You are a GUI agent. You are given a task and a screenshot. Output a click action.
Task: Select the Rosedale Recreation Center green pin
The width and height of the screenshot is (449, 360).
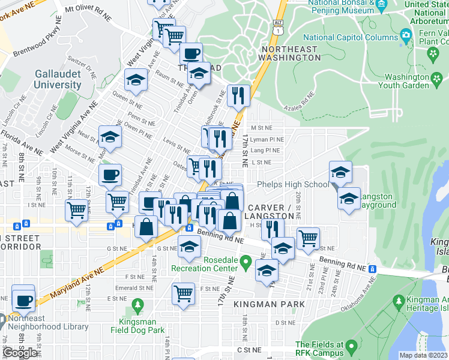(x=245, y=263)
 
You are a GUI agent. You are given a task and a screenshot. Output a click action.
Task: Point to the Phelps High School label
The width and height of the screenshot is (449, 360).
(x=292, y=184)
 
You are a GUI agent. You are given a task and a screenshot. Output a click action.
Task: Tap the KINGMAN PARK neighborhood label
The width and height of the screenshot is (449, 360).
(x=264, y=304)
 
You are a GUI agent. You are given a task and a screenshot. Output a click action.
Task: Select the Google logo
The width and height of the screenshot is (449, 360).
(x=20, y=353)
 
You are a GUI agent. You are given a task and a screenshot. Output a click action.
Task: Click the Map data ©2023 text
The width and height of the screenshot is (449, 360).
(x=424, y=355)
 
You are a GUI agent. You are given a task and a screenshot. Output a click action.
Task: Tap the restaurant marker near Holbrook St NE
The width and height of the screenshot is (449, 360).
(x=238, y=95)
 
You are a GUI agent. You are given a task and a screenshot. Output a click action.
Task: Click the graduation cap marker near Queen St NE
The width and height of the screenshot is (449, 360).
(x=136, y=80)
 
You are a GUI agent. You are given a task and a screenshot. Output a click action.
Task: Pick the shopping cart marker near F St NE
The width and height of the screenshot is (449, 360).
(x=183, y=294)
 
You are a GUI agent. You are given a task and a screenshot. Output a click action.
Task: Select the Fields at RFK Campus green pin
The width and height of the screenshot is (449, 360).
(x=351, y=346)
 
